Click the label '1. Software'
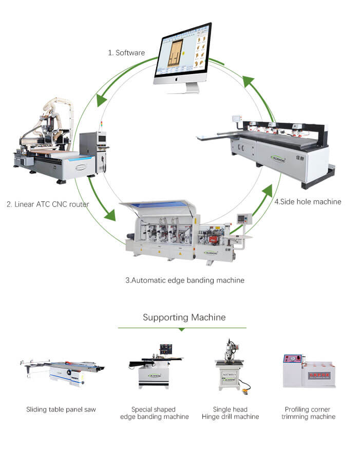[x=126, y=53]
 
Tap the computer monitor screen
[x=183, y=53]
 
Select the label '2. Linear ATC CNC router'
[x=48, y=204]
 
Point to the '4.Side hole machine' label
[x=308, y=202]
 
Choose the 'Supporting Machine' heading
[x=184, y=317]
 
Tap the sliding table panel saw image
[x=61, y=371]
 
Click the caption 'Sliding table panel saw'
[x=61, y=409]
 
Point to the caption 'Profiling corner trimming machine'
[x=308, y=413]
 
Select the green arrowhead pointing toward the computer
[x=249, y=83]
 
